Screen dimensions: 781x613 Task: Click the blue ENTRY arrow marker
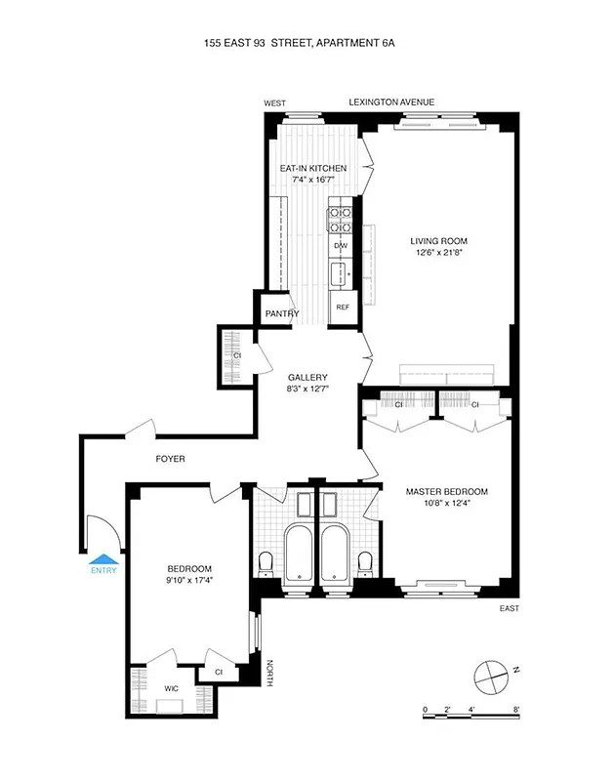tap(102, 559)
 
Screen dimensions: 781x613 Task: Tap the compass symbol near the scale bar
tap(487, 675)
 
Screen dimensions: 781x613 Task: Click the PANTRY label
tap(281, 314)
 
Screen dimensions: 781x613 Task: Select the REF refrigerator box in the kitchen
tap(343, 307)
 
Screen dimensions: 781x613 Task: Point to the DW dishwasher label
tap(341, 246)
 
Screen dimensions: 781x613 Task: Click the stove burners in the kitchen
tap(341, 220)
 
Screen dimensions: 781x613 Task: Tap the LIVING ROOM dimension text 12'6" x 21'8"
tap(438, 256)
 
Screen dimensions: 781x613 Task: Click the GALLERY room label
tap(306, 377)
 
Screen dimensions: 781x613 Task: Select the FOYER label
tap(170, 459)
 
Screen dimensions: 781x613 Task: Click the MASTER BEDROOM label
tap(446, 492)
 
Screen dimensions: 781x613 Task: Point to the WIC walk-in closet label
tap(172, 687)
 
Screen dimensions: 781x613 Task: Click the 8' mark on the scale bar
tap(516, 709)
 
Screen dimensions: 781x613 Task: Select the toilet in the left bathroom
tap(266, 564)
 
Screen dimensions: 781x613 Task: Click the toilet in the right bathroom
tap(365, 564)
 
